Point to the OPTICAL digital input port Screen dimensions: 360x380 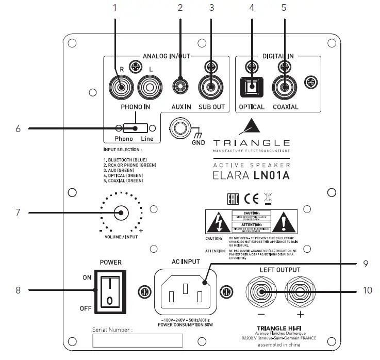251,86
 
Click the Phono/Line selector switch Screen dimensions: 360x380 135,128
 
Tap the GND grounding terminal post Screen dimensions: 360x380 181,127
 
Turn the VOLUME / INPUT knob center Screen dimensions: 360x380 121,212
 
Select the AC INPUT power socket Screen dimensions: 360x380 185,292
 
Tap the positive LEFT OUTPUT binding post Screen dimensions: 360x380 300,292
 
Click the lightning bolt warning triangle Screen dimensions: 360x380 217,222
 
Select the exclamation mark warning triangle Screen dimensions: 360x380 285,222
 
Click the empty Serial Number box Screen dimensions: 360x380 137,340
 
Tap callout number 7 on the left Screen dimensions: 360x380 18,212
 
